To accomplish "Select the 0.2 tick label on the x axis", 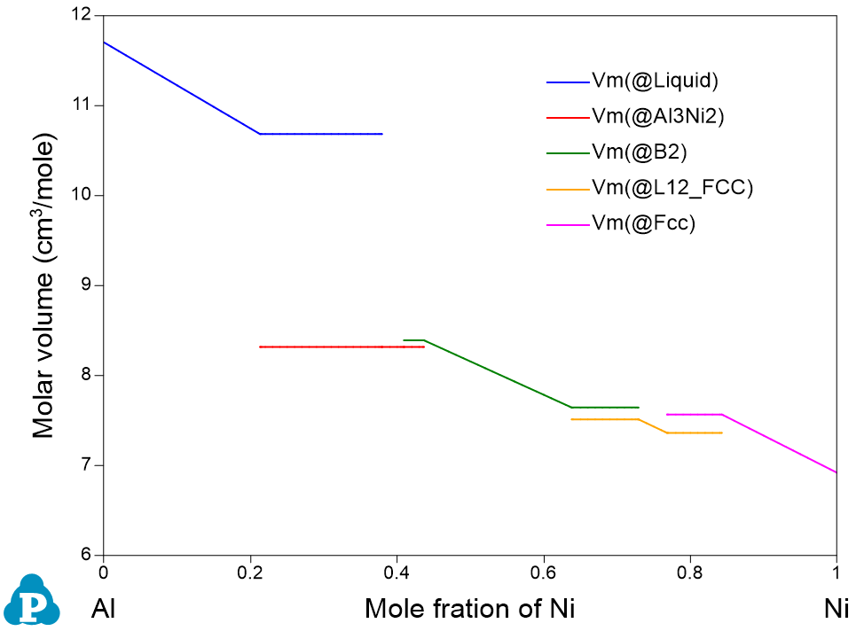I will pos(250,572).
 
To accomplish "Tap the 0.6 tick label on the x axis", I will pos(543,572).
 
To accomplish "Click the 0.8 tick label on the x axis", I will pos(690,572).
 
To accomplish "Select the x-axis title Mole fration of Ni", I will pos(470,609).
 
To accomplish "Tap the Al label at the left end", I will pos(105,609).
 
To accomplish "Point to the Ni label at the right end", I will pos(836,609).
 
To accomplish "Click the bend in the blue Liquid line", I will pos(258,134).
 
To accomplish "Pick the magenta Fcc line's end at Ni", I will pos(836,472).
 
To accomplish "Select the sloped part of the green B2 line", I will pos(497,373).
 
